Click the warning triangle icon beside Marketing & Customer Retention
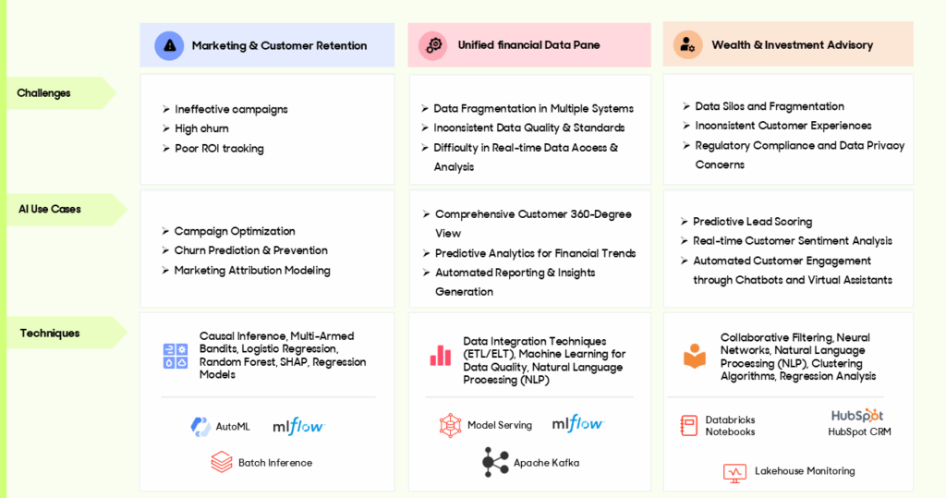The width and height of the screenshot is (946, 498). click(x=170, y=46)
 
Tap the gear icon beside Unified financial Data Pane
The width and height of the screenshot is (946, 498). click(x=433, y=45)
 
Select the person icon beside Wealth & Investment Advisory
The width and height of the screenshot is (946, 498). click(x=687, y=44)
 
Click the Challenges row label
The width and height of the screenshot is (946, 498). click(x=43, y=93)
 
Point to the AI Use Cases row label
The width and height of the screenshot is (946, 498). click(x=50, y=210)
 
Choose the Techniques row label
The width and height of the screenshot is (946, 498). click(x=50, y=334)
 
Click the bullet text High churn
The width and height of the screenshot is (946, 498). click(x=201, y=128)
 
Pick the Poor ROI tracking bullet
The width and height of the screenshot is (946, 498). click(x=219, y=149)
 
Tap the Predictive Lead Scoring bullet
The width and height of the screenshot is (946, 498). click(x=752, y=222)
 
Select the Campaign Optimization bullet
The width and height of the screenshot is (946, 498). click(x=235, y=231)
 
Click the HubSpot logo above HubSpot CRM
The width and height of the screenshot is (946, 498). click(x=857, y=415)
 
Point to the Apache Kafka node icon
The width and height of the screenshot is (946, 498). click(x=495, y=462)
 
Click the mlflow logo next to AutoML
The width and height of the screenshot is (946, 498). click(x=298, y=426)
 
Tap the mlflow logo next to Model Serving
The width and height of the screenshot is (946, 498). click(x=578, y=424)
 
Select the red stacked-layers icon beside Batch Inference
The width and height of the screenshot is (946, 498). click(x=222, y=462)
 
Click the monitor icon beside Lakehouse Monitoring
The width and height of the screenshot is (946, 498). click(x=734, y=473)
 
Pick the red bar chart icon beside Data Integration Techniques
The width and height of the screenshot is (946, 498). click(x=441, y=356)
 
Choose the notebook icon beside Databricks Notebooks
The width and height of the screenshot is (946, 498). click(x=688, y=426)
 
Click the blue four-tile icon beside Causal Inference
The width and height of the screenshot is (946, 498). click(x=176, y=356)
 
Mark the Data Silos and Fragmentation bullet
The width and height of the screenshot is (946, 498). click(x=770, y=106)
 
